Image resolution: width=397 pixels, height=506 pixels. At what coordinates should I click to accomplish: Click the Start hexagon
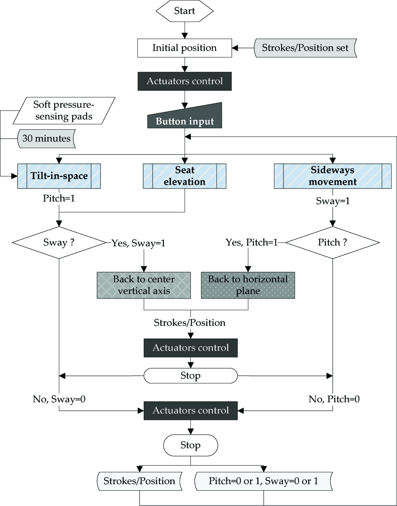click(x=185, y=11)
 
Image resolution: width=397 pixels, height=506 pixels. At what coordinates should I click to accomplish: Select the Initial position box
click(x=185, y=48)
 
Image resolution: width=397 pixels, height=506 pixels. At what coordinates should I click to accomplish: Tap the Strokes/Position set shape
click(x=305, y=48)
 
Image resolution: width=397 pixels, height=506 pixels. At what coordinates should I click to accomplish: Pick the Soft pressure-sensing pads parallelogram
click(x=64, y=110)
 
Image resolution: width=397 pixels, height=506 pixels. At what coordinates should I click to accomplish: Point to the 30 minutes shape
click(x=46, y=138)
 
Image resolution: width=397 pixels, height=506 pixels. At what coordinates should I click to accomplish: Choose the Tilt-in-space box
click(x=59, y=176)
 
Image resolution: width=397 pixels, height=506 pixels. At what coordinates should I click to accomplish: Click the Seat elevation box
click(x=185, y=176)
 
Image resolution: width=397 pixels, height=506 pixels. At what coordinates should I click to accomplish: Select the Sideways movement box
click(x=332, y=176)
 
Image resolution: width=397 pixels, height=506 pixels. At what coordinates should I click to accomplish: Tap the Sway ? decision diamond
click(x=59, y=242)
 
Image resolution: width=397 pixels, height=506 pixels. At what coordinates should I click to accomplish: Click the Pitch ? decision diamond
click(x=332, y=242)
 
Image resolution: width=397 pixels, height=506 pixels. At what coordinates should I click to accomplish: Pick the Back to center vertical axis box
click(x=144, y=285)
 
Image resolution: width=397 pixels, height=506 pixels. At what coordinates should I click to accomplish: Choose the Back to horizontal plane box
click(x=248, y=285)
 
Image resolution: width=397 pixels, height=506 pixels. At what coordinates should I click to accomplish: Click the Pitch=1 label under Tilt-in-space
click(x=59, y=198)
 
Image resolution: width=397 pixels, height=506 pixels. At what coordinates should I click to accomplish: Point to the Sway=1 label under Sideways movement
click(x=333, y=201)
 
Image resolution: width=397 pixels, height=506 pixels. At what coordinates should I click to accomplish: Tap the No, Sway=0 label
click(x=59, y=399)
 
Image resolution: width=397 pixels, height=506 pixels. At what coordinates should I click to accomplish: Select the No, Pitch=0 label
click(x=334, y=399)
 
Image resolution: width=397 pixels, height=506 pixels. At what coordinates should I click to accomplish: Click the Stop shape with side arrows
click(x=190, y=376)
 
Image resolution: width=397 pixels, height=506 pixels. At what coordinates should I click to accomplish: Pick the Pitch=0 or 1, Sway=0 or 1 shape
click(x=263, y=481)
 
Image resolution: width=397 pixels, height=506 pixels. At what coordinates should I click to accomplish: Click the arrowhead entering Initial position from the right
click(x=235, y=48)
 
